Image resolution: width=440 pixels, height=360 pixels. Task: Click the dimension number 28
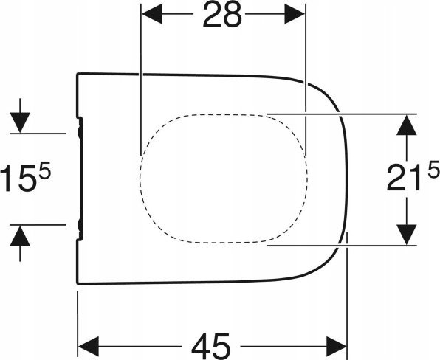(x=222, y=15)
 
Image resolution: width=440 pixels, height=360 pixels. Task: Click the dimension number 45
(x=210, y=346)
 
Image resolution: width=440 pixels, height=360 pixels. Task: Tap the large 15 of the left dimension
(x=18, y=179)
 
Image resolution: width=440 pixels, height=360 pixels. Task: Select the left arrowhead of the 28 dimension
(x=151, y=14)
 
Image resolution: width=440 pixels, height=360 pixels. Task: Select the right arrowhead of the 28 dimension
(x=295, y=14)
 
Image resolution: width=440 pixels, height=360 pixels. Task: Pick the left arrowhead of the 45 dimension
(x=89, y=347)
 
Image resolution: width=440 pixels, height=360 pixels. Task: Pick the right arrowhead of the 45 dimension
(x=336, y=347)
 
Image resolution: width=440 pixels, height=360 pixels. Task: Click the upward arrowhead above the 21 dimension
(x=406, y=125)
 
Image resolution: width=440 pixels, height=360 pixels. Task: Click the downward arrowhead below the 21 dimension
(x=406, y=235)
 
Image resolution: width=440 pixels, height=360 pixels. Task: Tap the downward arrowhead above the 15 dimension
(x=20, y=122)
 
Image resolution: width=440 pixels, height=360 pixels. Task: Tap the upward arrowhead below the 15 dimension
(x=20, y=236)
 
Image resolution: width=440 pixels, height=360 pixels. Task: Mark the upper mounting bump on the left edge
(x=80, y=133)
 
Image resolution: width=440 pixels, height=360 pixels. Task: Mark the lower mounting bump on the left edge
(x=80, y=224)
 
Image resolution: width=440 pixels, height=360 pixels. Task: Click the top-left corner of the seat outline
(x=78, y=74)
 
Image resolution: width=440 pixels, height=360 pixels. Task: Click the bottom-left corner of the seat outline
(x=78, y=284)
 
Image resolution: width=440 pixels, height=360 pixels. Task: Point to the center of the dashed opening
(x=224, y=179)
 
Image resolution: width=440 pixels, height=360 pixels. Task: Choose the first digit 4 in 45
(x=201, y=346)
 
